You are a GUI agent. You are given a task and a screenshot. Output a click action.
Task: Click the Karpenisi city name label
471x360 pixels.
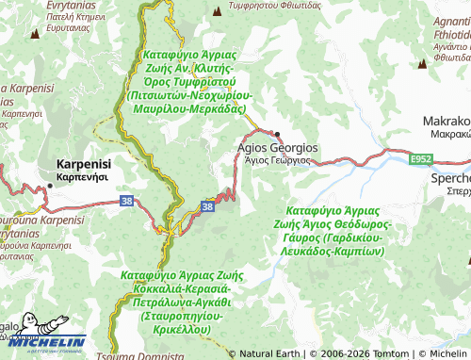click(84, 162)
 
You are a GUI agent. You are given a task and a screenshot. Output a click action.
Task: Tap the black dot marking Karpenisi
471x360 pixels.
click(50, 186)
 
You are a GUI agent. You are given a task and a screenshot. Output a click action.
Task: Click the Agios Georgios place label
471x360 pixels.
click(277, 148)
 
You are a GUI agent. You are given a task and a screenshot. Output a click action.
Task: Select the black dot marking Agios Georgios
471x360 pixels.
click(277, 134)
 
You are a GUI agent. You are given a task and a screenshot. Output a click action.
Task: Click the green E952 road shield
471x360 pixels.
click(421, 161)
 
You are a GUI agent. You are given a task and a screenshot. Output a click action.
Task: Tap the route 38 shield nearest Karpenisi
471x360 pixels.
click(126, 200)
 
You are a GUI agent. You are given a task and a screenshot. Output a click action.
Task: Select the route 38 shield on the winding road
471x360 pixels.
click(207, 205)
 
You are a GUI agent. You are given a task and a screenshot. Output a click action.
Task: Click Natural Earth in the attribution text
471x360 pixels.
click(272, 353)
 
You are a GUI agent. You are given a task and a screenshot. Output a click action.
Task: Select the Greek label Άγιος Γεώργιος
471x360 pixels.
click(277, 161)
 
